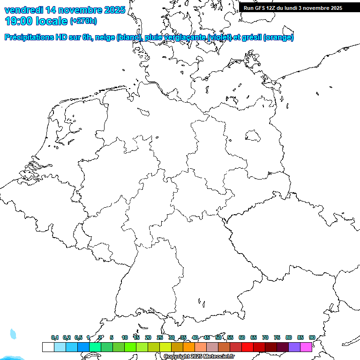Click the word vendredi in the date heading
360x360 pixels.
click(23, 9)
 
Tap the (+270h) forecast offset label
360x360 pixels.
click(83, 21)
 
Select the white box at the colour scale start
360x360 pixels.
click(48, 347)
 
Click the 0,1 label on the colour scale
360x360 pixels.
click(55, 337)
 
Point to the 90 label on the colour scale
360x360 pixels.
click(312, 337)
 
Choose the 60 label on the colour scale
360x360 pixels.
click(242, 337)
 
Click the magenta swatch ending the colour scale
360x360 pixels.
click(306, 347)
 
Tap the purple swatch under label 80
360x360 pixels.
click(294, 347)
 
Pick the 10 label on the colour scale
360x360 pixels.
click(125, 337)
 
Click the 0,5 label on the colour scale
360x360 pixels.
click(78, 337)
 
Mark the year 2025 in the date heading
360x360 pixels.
click(114, 9)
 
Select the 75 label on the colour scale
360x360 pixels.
click(277, 337)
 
